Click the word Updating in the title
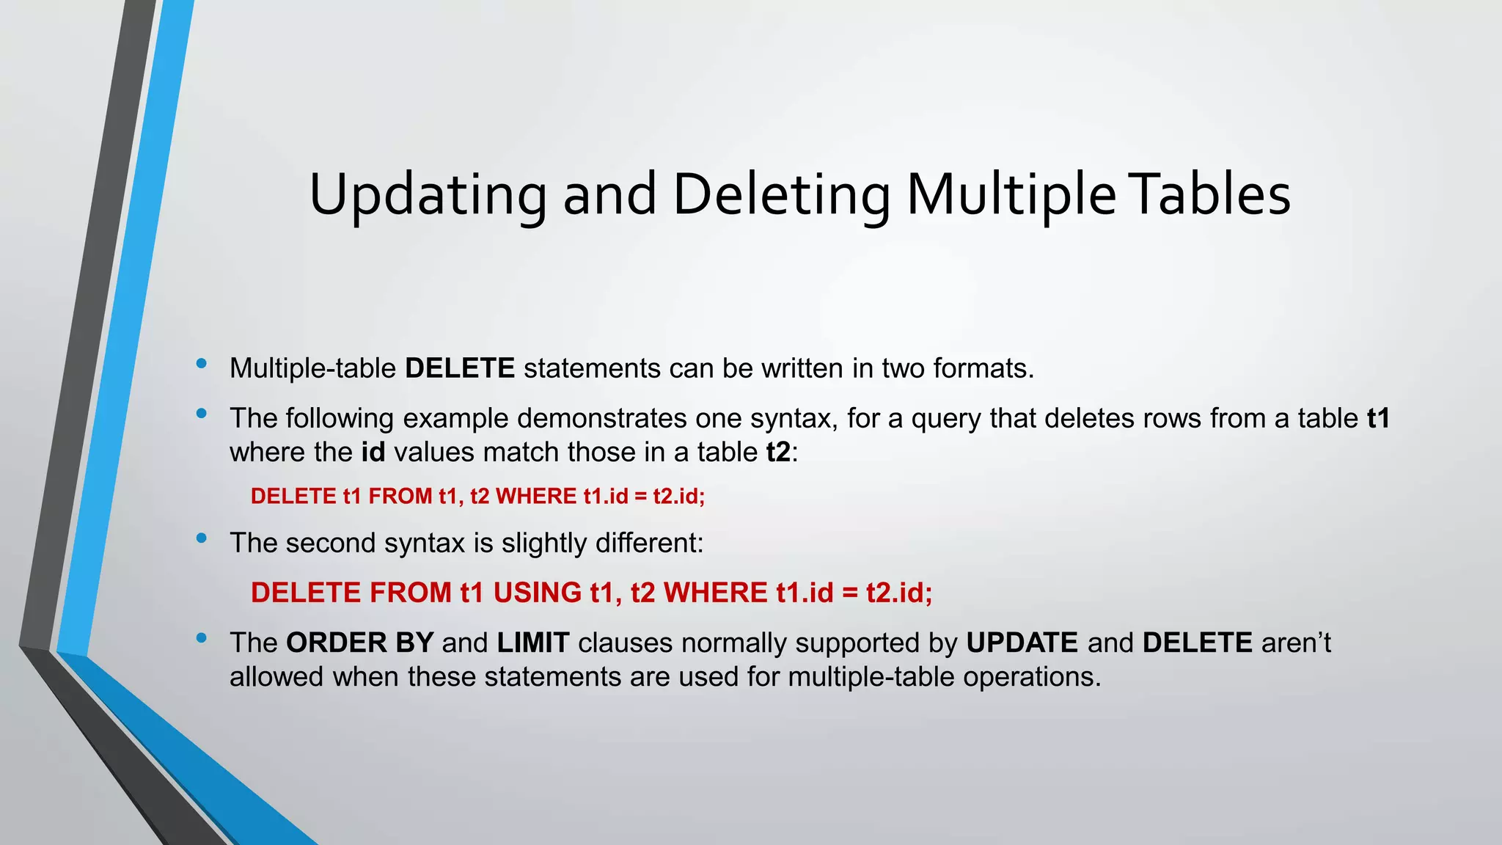click(x=428, y=195)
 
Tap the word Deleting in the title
click(x=781, y=195)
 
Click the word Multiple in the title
click(x=1011, y=195)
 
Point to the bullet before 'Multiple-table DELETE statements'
click(x=202, y=364)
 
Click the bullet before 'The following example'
click(x=202, y=414)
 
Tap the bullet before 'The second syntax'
click(x=202, y=538)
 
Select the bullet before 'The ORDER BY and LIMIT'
click(x=202, y=638)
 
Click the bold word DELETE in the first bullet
click(x=460, y=368)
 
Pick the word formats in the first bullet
click(x=983, y=368)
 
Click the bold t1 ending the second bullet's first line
click(x=1378, y=418)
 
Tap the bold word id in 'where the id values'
click(x=373, y=452)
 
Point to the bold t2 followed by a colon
click(x=778, y=452)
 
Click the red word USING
click(x=538, y=593)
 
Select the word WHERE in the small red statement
click(x=536, y=497)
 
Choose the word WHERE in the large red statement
click(x=716, y=593)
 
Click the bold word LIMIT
click(x=533, y=643)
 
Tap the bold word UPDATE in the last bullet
click(x=1022, y=643)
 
